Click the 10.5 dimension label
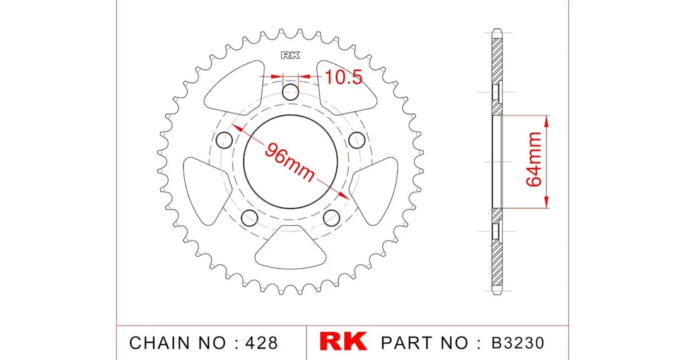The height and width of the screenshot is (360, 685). (x=343, y=77)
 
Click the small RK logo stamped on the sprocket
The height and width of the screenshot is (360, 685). (x=291, y=55)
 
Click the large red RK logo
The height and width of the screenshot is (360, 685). (x=343, y=342)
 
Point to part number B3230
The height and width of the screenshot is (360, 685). (x=518, y=342)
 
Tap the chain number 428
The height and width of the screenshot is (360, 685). (x=261, y=342)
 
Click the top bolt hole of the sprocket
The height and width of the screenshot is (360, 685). (x=291, y=92)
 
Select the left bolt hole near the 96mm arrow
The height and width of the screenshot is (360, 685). (x=225, y=140)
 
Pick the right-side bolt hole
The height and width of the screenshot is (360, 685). (x=357, y=140)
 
